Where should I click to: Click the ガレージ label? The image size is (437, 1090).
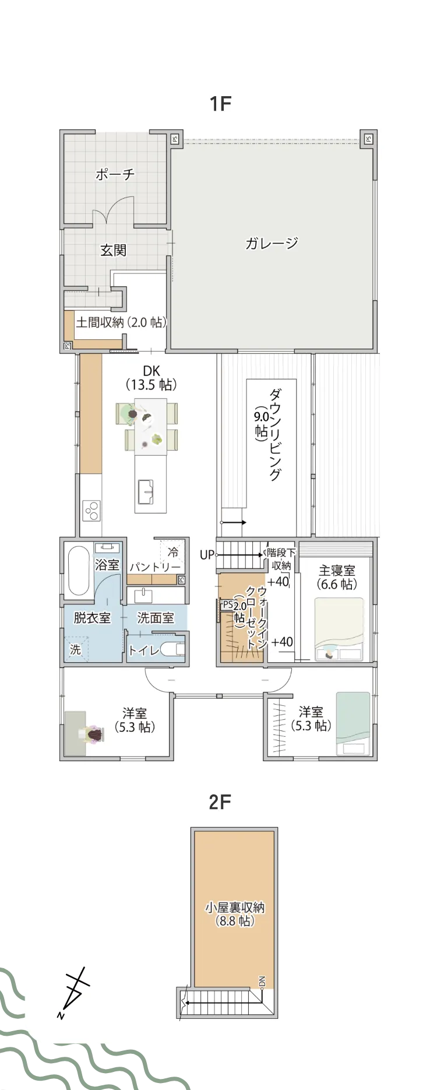tap(272, 243)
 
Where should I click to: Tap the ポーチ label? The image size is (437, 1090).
tap(115, 174)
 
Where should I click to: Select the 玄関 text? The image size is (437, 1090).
tap(113, 250)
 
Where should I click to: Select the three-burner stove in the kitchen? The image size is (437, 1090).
tap(91, 511)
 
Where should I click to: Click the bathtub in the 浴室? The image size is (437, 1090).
tap(77, 571)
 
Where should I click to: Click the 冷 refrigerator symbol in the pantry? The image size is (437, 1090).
tap(172, 551)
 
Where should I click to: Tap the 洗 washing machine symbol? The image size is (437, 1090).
tap(75, 649)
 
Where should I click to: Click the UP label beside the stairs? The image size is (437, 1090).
tap(207, 555)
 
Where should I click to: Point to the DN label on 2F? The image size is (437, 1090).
tap(262, 982)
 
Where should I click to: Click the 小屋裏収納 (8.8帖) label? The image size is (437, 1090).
tap(235, 914)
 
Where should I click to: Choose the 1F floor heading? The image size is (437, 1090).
tap(220, 104)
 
